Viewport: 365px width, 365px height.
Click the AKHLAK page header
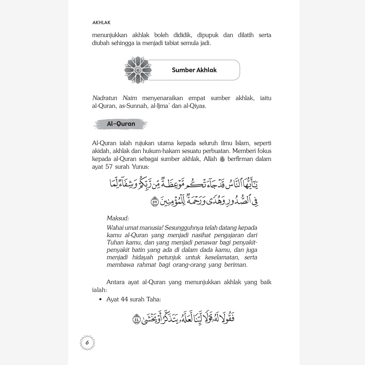101,22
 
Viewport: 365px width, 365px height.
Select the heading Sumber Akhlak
194,70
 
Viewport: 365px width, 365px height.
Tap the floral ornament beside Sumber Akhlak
138,70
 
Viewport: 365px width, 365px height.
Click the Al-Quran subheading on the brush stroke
121,124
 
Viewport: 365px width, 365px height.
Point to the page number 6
87,343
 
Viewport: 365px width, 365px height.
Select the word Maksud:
118,218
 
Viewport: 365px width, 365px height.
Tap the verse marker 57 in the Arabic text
155,202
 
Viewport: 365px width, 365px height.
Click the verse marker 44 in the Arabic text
136,319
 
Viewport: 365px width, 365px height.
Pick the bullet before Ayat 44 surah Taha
101,300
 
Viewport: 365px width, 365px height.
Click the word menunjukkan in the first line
110,35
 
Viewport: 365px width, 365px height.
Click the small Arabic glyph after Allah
222,159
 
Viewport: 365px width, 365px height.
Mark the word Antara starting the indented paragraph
115,282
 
